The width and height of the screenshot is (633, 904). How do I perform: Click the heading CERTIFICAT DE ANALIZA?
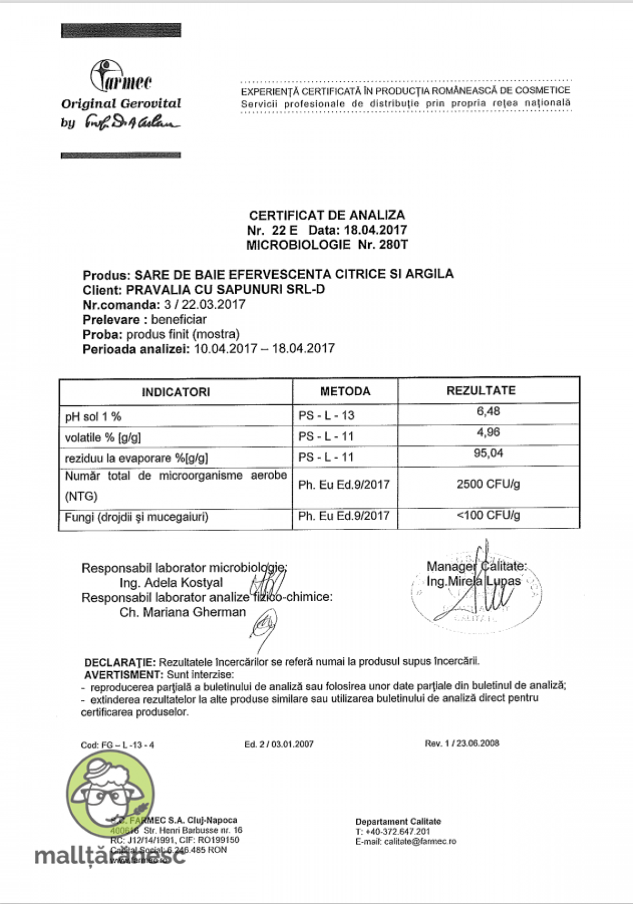(x=327, y=215)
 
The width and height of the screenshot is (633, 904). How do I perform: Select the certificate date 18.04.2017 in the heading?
(x=376, y=230)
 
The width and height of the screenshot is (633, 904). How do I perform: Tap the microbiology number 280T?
(x=393, y=245)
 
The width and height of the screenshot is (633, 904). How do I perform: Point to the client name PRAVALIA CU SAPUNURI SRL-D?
(x=226, y=289)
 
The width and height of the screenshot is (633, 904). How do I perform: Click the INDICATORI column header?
(x=176, y=392)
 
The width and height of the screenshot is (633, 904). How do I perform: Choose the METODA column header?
(x=345, y=391)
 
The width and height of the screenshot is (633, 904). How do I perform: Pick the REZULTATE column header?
(x=481, y=391)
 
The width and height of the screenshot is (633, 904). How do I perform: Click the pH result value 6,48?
(x=488, y=411)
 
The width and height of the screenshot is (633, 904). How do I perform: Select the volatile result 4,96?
(x=488, y=432)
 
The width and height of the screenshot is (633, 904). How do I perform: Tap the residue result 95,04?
(x=488, y=453)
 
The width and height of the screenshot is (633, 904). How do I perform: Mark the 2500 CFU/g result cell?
(x=488, y=484)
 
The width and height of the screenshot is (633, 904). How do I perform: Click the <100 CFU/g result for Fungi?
(x=488, y=515)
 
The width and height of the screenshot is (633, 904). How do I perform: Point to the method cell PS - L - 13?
(x=327, y=415)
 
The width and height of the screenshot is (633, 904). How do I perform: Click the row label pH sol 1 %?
(x=93, y=416)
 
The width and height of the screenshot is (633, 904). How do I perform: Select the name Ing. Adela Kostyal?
(x=171, y=583)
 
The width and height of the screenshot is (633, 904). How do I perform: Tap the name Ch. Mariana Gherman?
(x=183, y=612)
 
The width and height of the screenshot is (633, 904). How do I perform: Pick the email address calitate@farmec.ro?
(x=420, y=841)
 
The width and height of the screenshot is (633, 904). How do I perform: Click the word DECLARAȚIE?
(x=120, y=662)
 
